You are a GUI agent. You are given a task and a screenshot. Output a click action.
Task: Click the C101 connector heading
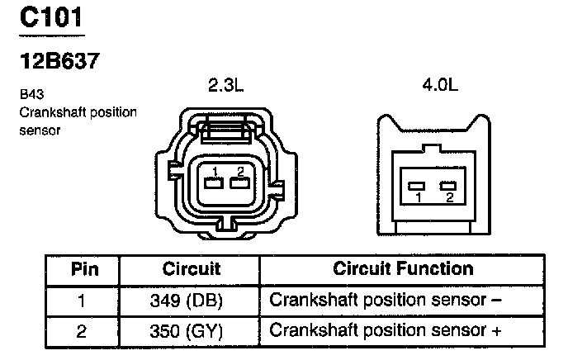[x=51, y=17]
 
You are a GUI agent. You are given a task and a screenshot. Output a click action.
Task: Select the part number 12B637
[x=59, y=61]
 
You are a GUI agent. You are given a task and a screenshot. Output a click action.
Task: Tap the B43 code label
[x=32, y=94]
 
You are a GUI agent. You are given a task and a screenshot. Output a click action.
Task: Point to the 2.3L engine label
[x=226, y=85]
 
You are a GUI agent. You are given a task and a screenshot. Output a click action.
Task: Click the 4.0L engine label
[x=440, y=85]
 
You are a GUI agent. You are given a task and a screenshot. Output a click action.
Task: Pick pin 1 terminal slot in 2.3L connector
[x=214, y=183]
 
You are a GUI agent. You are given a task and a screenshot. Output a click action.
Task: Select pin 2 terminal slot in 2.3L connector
[x=239, y=183]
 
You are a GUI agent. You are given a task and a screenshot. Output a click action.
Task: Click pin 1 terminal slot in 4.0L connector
[x=416, y=186]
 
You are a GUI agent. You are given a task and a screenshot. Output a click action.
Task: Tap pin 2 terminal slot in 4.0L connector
[x=448, y=186]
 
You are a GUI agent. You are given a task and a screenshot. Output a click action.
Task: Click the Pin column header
[x=85, y=269]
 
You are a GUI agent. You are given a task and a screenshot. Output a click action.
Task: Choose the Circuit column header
[x=192, y=269]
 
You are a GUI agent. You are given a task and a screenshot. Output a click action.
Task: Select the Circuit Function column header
[x=403, y=268]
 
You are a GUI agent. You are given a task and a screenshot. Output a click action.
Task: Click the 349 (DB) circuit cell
[x=187, y=301]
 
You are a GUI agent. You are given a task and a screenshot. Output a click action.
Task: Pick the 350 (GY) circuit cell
[x=187, y=331]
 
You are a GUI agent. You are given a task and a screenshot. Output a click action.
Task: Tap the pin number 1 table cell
[x=82, y=301]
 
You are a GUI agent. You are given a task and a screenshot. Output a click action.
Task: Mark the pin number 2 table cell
[x=82, y=331]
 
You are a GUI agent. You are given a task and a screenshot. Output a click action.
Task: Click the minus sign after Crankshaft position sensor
[x=497, y=300]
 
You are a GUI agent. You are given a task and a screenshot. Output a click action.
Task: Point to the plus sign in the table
[x=496, y=330]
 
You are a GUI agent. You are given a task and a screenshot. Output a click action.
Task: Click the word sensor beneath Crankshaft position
[x=40, y=130]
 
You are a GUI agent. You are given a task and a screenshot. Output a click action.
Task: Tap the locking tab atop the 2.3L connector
[x=226, y=129]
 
